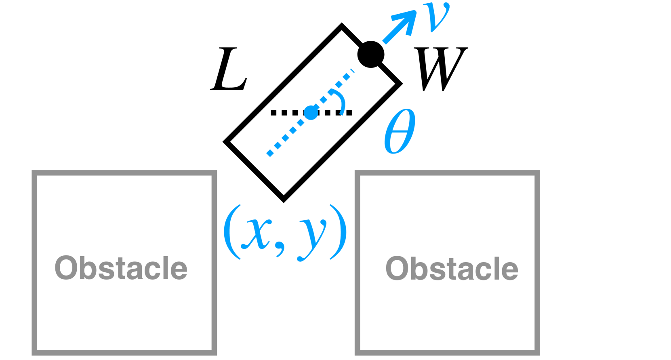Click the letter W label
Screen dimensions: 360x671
(440, 69)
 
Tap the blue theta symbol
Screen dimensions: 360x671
(400, 131)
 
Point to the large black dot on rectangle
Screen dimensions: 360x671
(370, 54)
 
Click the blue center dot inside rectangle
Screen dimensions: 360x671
(311, 112)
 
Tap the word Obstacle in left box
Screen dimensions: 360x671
(121, 268)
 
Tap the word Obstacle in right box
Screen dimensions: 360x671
(452, 268)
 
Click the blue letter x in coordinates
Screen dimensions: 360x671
(256, 234)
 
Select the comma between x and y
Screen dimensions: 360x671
(280, 248)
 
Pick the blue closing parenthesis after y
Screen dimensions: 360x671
(338, 232)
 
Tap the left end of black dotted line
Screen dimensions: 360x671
(273, 113)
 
